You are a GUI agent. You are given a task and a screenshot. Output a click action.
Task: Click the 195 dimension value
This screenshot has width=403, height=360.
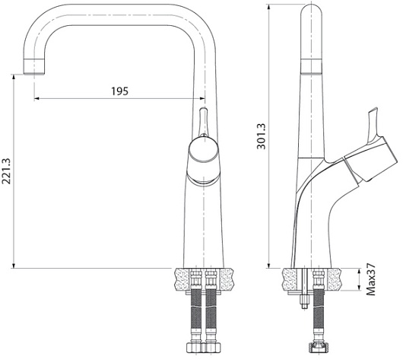119,91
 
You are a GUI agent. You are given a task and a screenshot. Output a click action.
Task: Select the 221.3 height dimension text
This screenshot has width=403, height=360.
6,170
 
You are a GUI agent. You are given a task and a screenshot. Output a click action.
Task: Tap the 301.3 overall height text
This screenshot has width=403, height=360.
262,136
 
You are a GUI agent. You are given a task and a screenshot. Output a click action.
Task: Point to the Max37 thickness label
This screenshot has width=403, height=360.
370,279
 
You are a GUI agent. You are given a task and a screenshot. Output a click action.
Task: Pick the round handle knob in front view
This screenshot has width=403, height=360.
204,149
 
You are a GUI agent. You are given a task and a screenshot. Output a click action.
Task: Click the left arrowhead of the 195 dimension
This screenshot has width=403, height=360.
36,98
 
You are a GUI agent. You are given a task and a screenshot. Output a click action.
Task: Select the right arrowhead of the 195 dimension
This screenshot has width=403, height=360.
202,98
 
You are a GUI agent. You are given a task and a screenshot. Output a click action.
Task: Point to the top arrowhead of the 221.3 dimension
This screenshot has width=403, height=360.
14,77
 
